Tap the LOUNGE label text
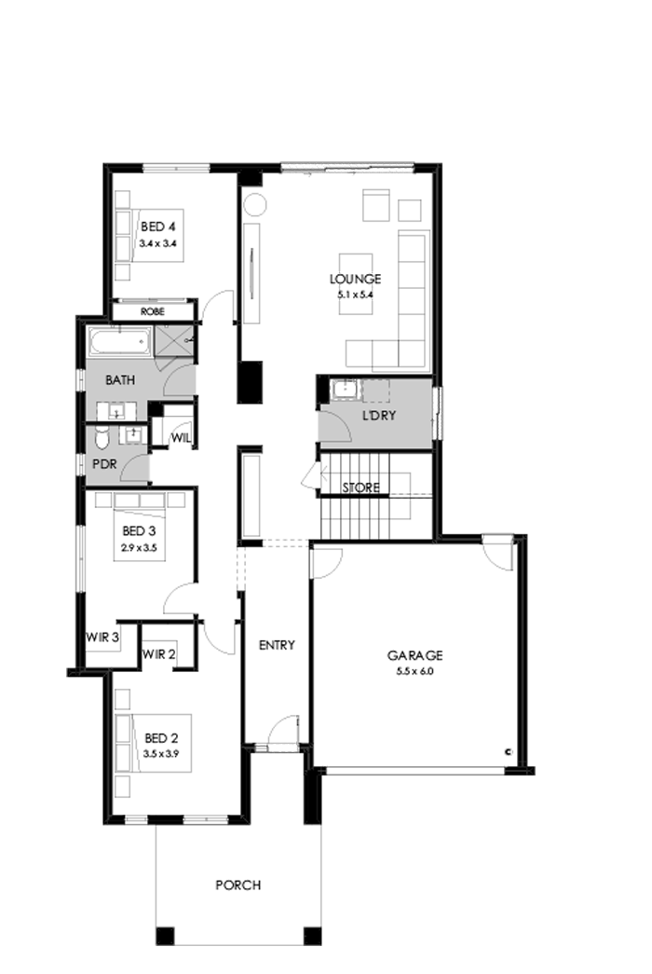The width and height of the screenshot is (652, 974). coord(355,279)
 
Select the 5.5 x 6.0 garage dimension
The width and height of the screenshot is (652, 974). coord(414,671)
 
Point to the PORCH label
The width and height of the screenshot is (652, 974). coord(238,885)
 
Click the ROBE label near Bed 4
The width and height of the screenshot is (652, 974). coord(152,312)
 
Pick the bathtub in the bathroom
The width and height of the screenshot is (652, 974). coord(120,342)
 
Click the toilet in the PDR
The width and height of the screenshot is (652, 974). coord(102,437)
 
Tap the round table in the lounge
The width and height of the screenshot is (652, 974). coord(254,205)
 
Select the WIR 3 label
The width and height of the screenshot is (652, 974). coord(102,638)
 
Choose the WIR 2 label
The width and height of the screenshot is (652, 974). coord(158,654)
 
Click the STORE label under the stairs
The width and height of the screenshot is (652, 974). coord(360,487)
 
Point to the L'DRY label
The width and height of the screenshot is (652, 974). coord(378,415)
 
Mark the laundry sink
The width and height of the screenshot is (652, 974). coord(345,391)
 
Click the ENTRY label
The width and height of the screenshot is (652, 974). coord(277,645)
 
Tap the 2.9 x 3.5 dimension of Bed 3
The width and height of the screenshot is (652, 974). coord(139,547)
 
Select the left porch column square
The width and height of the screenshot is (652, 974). coord(165,936)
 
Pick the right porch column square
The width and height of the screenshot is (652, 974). coord(312,936)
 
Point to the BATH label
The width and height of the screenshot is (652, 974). coord(120,379)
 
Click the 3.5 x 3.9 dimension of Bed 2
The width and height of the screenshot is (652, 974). coord(161,754)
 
